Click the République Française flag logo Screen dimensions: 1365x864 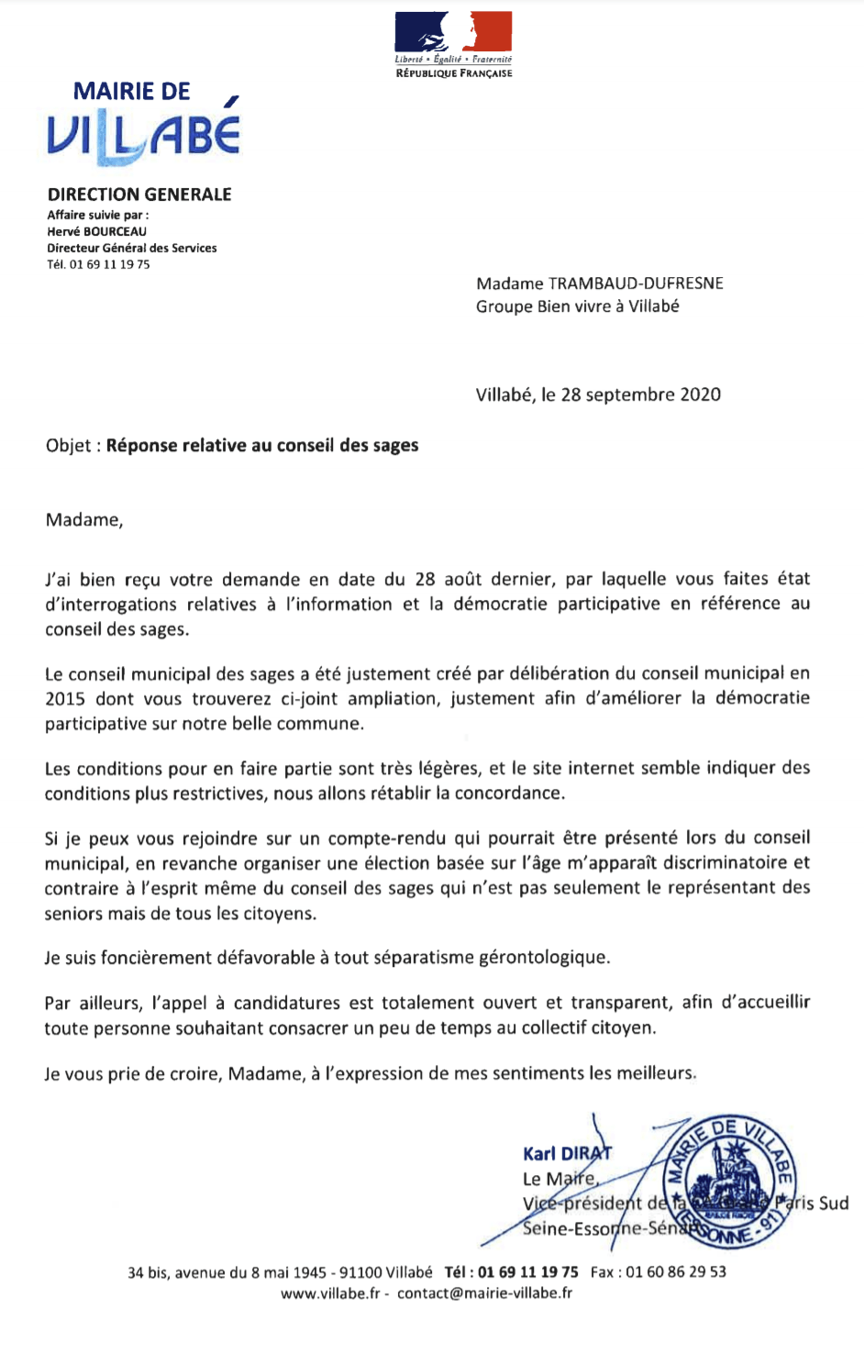point(453,34)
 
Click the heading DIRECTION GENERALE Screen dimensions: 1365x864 point(139,194)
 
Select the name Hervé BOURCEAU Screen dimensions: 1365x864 point(96,232)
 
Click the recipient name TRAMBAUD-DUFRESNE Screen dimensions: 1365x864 point(636,283)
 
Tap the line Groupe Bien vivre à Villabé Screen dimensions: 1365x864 point(577,306)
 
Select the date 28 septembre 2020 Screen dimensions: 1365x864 point(640,395)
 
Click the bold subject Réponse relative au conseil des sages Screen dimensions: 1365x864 point(262,446)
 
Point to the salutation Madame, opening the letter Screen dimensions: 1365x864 point(84,520)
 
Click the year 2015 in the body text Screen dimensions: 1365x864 point(64,699)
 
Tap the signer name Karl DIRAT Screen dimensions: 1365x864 point(566,1154)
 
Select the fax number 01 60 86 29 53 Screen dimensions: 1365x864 point(676,1272)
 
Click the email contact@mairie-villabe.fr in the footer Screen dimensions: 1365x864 point(484,1293)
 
